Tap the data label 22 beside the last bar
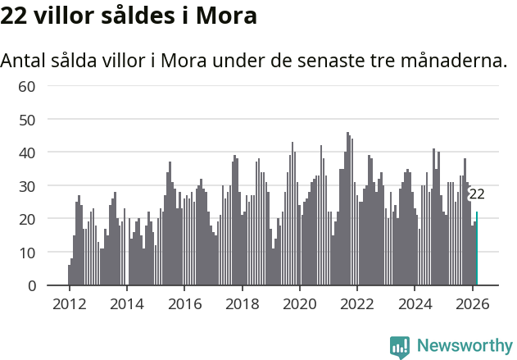[x=476, y=194]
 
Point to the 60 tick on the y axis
[x=26, y=86]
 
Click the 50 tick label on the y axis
[x=26, y=120]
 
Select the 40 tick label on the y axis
[x=26, y=153]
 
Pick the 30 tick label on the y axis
[x=26, y=186]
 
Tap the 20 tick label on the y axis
[x=26, y=219]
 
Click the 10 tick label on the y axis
[x=26, y=253]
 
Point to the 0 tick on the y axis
[x=31, y=285]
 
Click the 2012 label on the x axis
[x=69, y=303]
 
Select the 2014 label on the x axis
[x=126, y=303]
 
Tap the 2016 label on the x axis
[x=184, y=303]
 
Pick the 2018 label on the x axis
[x=242, y=303]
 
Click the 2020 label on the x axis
[x=299, y=303]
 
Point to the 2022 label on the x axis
[x=357, y=303]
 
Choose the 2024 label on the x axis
[x=415, y=303]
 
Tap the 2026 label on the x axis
[x=472, y=303]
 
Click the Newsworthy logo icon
[x=400, y=347]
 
